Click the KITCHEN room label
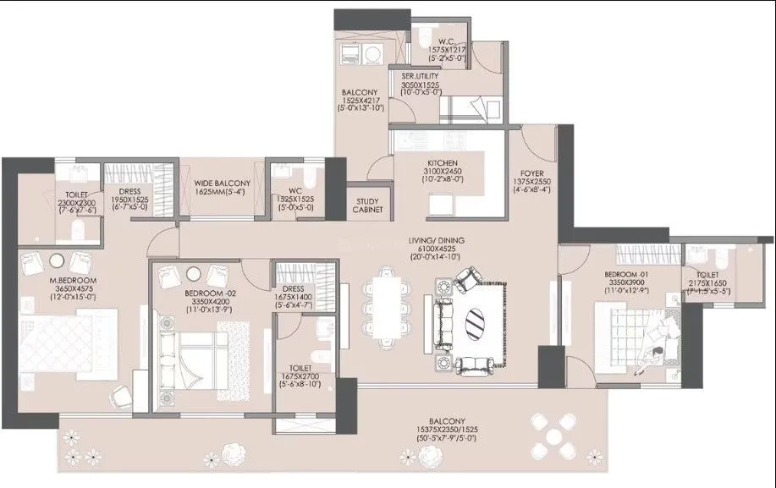[443, 162]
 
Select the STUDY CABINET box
[367, 204]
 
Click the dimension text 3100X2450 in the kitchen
[443, 171]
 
